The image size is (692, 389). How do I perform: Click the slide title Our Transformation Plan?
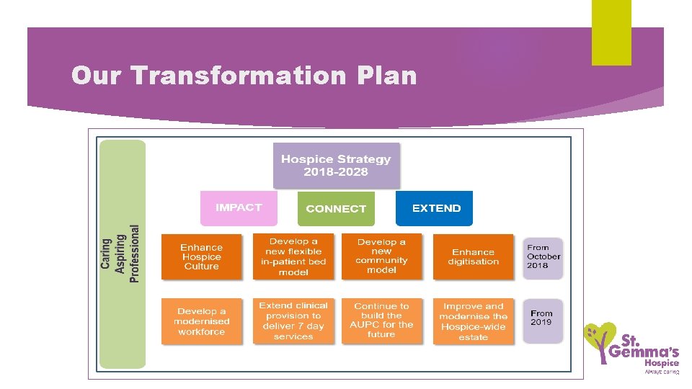pos(244,76)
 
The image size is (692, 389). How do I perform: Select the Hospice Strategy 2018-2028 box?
pos(335,166)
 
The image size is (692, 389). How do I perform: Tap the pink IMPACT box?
pos(239,207)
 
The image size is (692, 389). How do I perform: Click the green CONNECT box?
pos(336,208)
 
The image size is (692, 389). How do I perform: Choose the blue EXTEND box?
pos(435,208)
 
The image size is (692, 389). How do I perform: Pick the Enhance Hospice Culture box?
pos(202,257)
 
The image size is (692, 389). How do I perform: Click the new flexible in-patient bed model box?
pos(293,257)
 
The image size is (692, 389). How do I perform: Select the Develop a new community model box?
pos(381,257)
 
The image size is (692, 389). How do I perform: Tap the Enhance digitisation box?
pos(473,257)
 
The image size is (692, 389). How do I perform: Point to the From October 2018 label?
pos(543,257)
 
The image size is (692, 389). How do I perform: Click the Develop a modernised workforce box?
pos(202,322)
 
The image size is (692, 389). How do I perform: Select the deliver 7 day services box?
pos(293,321)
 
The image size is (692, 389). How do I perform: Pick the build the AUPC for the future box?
pos(381,321)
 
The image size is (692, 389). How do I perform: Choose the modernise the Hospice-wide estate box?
pos(473,321)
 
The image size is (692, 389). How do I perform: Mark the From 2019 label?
pos(542,318)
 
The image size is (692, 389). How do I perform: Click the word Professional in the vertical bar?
pos(134,254)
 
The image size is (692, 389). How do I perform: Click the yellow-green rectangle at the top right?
pos(611,32)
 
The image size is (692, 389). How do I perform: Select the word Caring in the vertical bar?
pos(107,254)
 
